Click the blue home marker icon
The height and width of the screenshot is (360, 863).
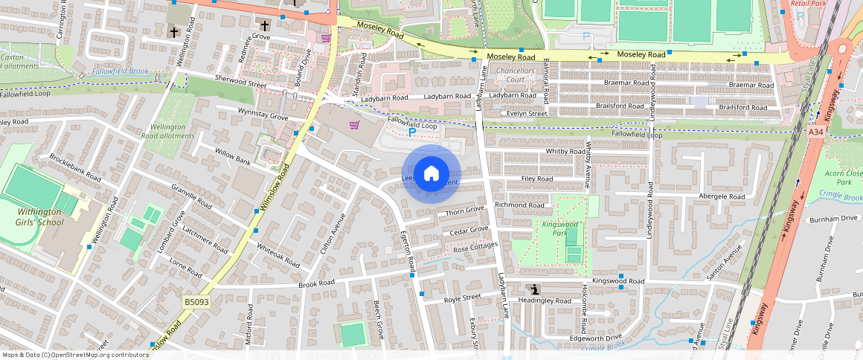(x=431, y=174)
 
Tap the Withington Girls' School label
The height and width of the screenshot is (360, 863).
(x=41, y=216)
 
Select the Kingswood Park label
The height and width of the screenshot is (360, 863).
(x=560, y=228)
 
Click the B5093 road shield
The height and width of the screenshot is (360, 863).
(x=195, y=302)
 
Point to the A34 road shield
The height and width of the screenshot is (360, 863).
(x=816, y=132)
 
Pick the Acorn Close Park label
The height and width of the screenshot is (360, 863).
(x=844, y=177)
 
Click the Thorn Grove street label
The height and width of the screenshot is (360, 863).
(x=464, y=213)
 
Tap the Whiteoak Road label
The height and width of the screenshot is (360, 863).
(x=277, y=256)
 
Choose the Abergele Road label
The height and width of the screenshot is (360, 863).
(x=721, y=196)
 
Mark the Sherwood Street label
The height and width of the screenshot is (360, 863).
(x=240, y=81)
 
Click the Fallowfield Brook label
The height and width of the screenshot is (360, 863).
(x=121, y=71)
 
